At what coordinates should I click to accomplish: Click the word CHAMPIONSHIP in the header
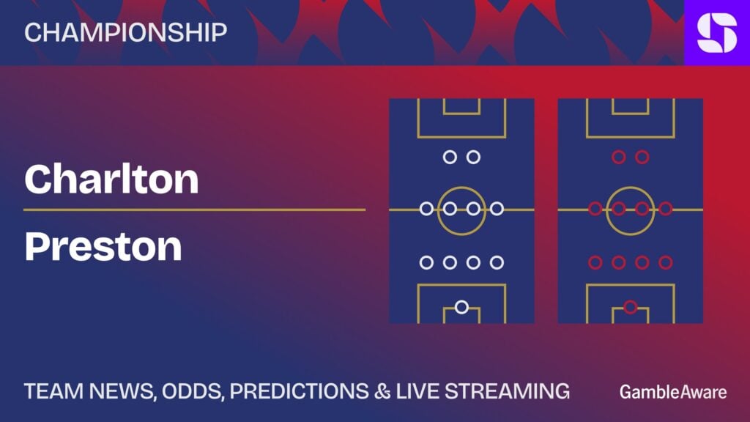[126, 32]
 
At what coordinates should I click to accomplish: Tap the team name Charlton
[111, 179]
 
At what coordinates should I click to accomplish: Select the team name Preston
[103, 246]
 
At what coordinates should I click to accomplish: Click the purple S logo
[717, 32]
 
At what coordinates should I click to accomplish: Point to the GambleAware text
[673, 392]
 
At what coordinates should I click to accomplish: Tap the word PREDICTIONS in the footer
[300, 391]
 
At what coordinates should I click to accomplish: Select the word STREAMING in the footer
[508, 391]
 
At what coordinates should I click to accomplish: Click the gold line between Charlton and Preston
[194, 210]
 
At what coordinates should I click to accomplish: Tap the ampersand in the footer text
[382, 391]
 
